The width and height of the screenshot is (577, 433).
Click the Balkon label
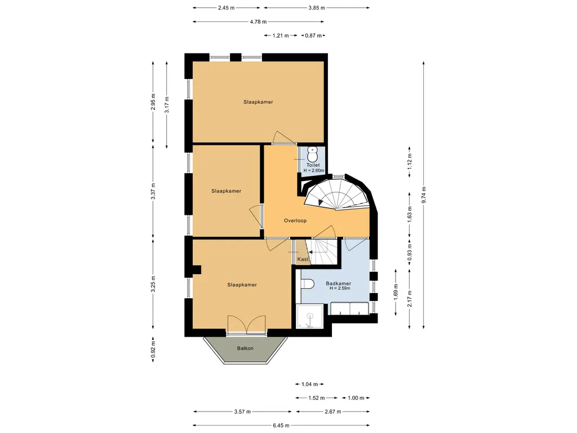click(x=245, y=348)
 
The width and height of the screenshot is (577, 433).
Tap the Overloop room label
click(x=295, y=220)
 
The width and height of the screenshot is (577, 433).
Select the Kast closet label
click(x=303, y=259)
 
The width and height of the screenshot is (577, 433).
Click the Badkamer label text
click(x=339, y=284)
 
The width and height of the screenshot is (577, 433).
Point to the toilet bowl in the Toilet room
click(x=312, y=154)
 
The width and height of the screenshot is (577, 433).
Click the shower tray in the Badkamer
click(x=310, y=316)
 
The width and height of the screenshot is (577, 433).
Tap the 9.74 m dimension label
click(x=424, y=195)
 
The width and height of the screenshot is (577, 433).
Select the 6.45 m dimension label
click(x=281, y=425)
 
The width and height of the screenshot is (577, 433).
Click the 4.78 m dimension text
click(x=258, y=22)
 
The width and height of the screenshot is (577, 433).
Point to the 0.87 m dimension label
click(x=313, y=36)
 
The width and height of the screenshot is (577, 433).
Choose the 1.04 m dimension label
click(x=309, y=385)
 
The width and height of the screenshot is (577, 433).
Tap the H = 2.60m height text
click(x=313, y=170)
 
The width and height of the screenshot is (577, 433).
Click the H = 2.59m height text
click(x=340, y=288)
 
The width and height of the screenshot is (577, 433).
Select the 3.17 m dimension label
click(x=167, y=104)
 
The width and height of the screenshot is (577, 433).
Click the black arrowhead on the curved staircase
click(x=321, y=202)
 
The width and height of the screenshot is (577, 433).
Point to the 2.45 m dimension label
click(x=226, y=8)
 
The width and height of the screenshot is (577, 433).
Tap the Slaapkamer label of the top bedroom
click(x=258, y=102)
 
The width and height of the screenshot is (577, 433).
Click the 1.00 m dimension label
click(x=356, y=398)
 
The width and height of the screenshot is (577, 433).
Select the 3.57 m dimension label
click(x=242, y=412)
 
